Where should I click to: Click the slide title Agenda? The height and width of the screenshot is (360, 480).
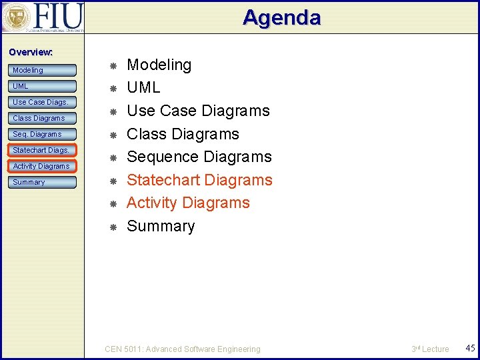(281, 17)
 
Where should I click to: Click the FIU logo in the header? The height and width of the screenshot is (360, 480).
(43, 17)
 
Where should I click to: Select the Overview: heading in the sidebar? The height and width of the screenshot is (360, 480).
(31, 52)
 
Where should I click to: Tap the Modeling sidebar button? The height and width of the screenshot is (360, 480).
(43, 70)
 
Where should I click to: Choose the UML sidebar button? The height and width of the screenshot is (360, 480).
(43, 86)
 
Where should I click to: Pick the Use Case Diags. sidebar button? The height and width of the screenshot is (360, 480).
(43, 102)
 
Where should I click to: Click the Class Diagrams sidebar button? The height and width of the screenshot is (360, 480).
(43, 118)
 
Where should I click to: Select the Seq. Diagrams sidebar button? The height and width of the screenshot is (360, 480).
(43, 134)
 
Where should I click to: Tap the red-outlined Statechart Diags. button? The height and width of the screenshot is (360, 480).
(43, 150)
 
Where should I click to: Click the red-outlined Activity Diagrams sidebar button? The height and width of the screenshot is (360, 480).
(43, 166)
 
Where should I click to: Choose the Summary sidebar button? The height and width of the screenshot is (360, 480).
(43, 182)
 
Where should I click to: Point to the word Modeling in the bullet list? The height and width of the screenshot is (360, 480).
(159, 65)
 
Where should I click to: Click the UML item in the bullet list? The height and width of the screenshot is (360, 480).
(143, 87)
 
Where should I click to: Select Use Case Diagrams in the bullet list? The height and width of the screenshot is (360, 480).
(198, 111)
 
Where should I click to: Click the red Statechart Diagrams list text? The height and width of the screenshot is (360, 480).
(199, 180)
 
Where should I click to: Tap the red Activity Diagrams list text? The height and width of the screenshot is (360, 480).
(188, 203)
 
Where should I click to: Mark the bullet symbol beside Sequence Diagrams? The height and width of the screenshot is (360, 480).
(113, 157)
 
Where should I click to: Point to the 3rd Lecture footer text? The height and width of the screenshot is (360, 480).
(430, 349)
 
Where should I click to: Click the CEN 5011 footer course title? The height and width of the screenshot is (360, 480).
(183, 349)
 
